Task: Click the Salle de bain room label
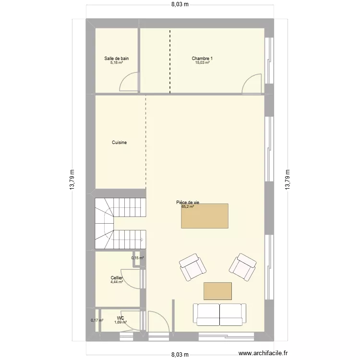click(117, 59)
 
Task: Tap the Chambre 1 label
click(202, 59)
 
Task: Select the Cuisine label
click(119, 143)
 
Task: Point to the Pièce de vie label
click(188, 203)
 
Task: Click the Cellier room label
click(117, 278)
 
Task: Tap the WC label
click(120, 318)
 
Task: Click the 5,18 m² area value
click(117, 63)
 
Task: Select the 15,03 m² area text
click(202, 63)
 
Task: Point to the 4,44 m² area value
click(117, 282)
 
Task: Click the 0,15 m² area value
click(138, 258)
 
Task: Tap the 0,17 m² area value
click(97, 321)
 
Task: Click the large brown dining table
click(205, 216)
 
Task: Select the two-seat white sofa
click(220, 314)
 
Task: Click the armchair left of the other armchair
click(192, 267)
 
